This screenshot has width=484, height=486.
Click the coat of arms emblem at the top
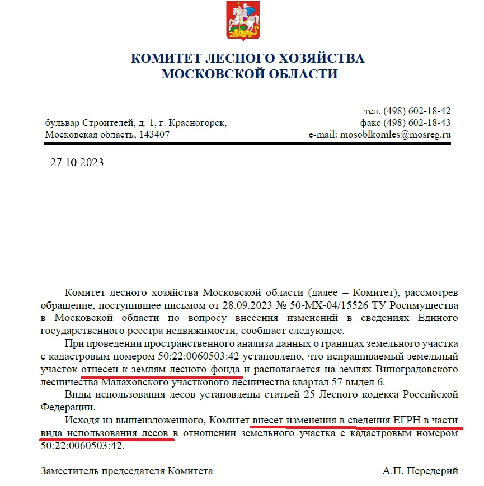click(242, 21)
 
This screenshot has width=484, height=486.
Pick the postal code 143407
click(152, 135)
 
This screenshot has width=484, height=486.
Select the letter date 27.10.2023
click(77, 163)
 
